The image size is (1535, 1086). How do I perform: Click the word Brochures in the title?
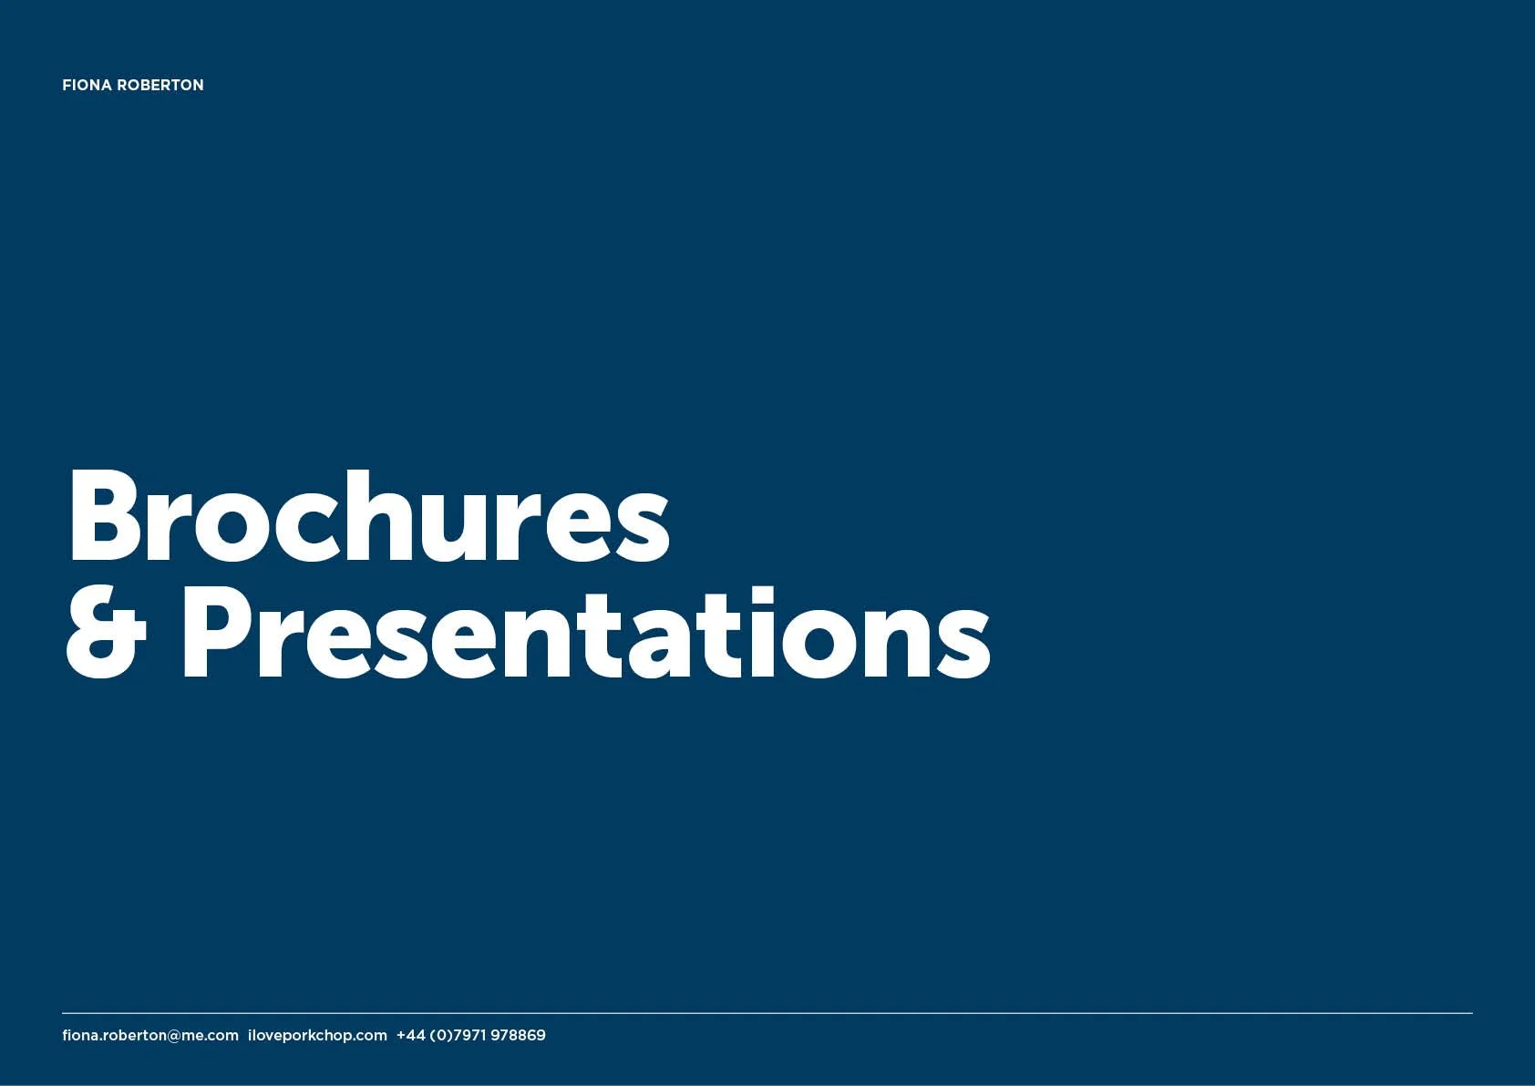tap(368, 517)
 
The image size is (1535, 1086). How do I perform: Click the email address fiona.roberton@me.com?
tap(150, 1035)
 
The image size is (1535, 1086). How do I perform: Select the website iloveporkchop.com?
tap(317, 1035)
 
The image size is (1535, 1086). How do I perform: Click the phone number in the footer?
tap(470, 1035)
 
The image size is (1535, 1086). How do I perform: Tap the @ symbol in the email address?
tap(174, 1036)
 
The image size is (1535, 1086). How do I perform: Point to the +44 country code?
tap(410, 1035)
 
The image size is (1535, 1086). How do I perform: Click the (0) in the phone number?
tap(440, 1035)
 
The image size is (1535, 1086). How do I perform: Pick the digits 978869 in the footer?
tap(518, 1035)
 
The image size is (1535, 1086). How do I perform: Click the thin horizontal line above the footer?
tap(767, 1013)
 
